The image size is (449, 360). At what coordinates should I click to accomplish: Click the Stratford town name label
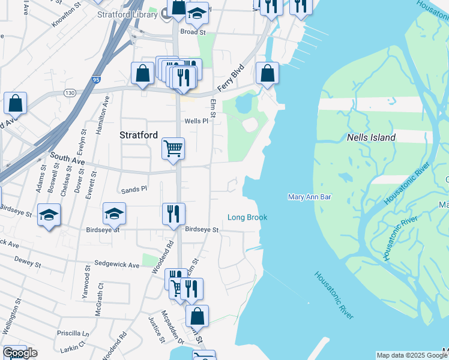(139, 135)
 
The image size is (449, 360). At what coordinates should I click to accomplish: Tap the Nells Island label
(371, 137)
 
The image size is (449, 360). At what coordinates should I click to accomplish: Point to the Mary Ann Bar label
(310, 197)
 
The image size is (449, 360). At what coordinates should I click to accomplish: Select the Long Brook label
(247, 217)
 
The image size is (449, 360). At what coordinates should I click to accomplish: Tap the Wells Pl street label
(196, 121)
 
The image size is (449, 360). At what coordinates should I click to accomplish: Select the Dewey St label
(28, 263)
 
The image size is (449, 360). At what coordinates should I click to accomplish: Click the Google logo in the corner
(19, 353)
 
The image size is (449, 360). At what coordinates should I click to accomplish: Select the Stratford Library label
(130, 16)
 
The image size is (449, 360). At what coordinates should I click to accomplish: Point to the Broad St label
(193, 32)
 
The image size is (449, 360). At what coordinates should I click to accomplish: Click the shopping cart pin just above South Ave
(173, 148)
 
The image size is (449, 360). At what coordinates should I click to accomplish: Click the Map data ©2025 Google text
(412, 355)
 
